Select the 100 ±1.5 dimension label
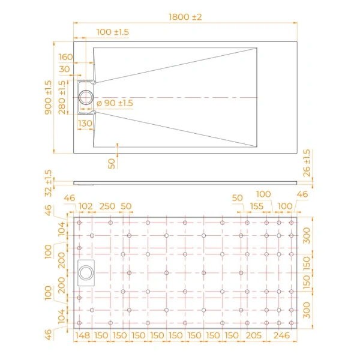[112, 31]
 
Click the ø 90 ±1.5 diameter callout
[115, 103]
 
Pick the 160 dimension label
[66, 57]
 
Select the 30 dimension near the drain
[64, 70]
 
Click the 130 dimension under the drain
[85, 123]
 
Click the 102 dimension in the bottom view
[86, 206]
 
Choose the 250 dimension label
[107, 206]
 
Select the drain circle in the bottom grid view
[86, 272]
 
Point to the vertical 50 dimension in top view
[112, 163]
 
